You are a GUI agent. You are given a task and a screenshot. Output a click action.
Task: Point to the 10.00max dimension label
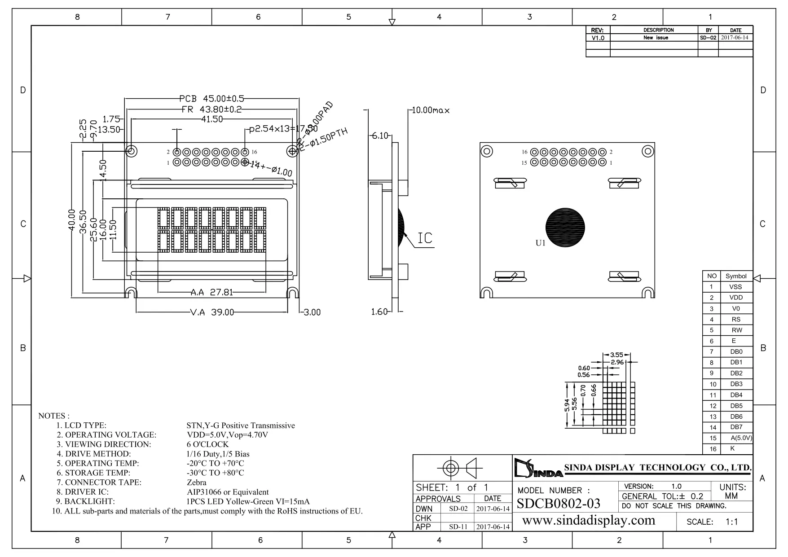[x=431, y=110]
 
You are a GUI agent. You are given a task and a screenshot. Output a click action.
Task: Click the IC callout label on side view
[x=425, y=238]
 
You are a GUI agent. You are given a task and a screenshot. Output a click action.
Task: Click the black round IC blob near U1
[x=565, y=227]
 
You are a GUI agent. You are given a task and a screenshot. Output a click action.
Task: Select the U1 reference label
[x=541, y=243]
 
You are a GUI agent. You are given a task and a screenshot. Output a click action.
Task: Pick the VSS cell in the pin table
[x=735, y=287]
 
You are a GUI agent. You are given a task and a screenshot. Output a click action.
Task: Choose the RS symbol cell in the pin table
[x=735, y=320]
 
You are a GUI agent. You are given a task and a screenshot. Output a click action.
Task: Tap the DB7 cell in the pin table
[x=736, y=427]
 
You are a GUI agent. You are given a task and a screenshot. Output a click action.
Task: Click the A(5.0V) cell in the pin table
[x=741, y=438]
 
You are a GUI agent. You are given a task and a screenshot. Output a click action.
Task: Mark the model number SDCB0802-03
[x=559, y=504]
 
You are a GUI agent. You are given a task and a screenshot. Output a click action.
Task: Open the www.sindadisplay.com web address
[x=589, y=521]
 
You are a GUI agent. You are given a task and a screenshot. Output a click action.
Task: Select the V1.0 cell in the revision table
[x=598, y=38]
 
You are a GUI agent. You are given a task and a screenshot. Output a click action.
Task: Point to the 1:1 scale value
[x=732, y=522]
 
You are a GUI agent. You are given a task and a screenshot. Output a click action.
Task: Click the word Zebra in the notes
[x=197, y=482]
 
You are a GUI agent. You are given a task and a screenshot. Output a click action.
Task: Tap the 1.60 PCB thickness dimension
[x=379, y=312]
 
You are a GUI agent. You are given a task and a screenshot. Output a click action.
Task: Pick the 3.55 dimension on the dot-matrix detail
[x=616, y=355]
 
